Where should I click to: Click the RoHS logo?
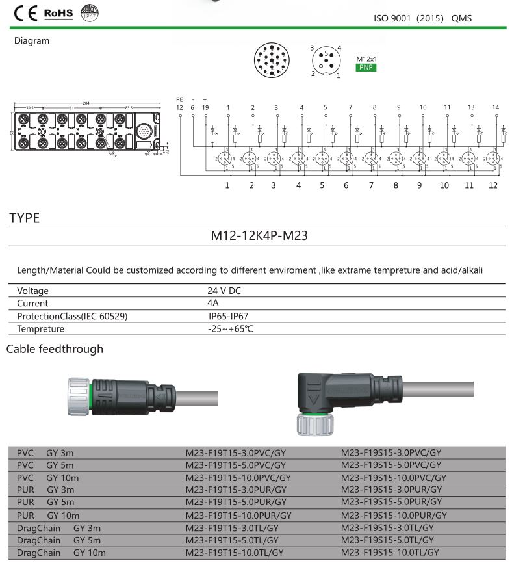pos(58,13)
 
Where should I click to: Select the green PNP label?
pos(366,67)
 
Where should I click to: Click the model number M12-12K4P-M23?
pos(259,235)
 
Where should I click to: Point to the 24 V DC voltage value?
pos(224,291)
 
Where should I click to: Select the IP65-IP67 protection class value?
pos(228,316)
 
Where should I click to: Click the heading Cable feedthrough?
pos(55,349)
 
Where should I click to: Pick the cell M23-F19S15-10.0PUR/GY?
pos(394,515)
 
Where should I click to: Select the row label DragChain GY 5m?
pos(58,540)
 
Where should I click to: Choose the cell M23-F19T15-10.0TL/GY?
pos(235,553)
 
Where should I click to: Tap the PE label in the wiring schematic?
pos(179,99)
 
